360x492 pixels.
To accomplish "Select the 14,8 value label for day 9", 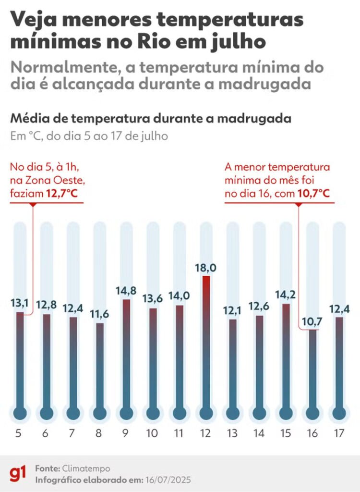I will (x=126, y=291).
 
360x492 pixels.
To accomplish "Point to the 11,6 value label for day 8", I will (x=99, y=315).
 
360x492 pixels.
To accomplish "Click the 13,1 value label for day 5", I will (x=19, y=303).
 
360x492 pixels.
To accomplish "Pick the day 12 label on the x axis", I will (x=206, y=433).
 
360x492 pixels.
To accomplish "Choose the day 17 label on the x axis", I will (x=339, y=433).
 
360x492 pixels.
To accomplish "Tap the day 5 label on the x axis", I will (x=19, y=433).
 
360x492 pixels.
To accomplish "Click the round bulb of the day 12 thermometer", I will (x=206, y=413).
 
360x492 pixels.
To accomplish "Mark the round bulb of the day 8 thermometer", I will (x=100, y=413).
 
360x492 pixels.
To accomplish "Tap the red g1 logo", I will (x=18, y=473).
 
